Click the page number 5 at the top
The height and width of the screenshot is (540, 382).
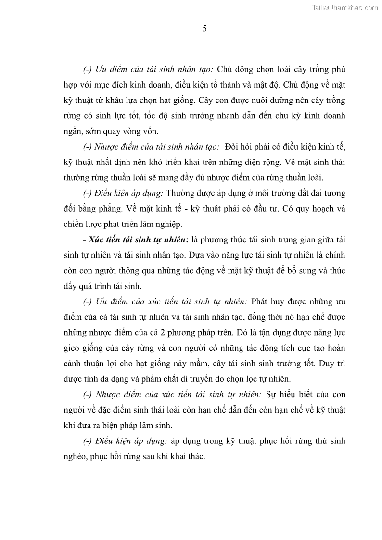coord(205,29)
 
